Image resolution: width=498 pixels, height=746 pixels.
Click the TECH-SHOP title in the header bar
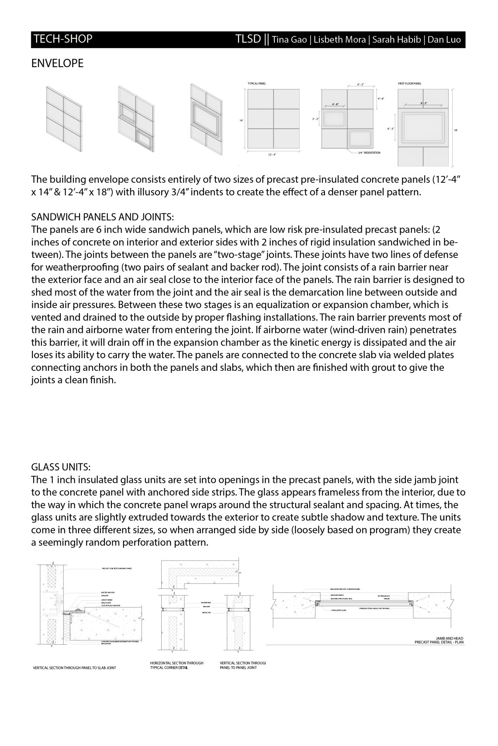[x=63, y=39]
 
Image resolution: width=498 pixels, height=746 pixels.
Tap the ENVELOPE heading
[x=57, y=64]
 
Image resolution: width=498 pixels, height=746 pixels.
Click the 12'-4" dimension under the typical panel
[x=272, y=154]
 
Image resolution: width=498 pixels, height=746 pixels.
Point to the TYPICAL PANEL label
[x=257, y=83]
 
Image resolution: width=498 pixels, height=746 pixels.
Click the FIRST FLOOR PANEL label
[x=410, y=83]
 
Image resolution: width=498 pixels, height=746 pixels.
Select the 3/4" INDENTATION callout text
[x=369, y=153]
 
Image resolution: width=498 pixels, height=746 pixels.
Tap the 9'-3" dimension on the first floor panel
[x=423, y=103]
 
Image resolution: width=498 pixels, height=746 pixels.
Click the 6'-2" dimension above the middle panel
[x=360, y=84]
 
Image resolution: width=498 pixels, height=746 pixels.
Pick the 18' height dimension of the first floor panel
[x=456, y=130]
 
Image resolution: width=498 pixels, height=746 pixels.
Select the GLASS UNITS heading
[x=61, y=467]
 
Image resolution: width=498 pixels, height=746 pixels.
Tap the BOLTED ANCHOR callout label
[x=107, y=593]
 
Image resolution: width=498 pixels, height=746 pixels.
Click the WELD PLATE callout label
[x=106, y=603]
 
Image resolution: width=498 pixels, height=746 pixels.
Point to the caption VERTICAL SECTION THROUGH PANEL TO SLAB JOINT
[x=74, y=668]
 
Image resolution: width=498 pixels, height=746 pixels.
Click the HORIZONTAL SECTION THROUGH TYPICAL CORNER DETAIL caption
[x=176, y=665]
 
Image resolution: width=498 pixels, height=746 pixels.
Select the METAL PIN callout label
[x=207, y=613]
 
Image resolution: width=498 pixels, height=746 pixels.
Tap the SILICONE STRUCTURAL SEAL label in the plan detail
[x=342, y=599]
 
